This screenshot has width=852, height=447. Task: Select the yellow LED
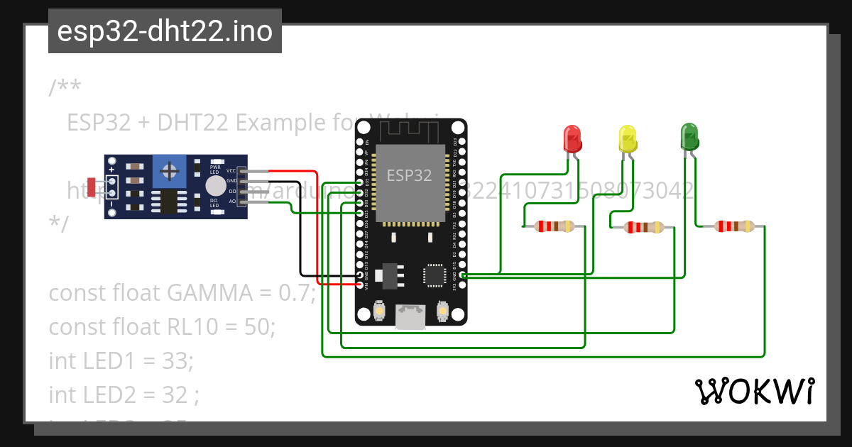(x=628, y=138)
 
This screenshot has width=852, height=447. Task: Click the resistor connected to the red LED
(x=555, y=226)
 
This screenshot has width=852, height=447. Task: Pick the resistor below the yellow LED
(x=643, y=228)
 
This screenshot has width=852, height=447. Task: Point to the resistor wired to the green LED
(x=734, y=226)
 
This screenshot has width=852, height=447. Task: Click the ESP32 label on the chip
(x=409, y=175)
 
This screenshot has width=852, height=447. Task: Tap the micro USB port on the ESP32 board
(x=410, y=316)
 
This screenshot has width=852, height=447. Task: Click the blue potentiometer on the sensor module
(x=170, y=170)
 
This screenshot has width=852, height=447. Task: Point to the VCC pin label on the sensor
(x=231, y=171)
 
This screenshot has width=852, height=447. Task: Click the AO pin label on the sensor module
(x=231, y=202)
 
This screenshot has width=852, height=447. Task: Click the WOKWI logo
(x=754, y=392)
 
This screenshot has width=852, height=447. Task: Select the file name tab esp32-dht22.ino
(x=165, y=31)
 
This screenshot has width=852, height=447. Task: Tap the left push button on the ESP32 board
(x=379, y=311)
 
